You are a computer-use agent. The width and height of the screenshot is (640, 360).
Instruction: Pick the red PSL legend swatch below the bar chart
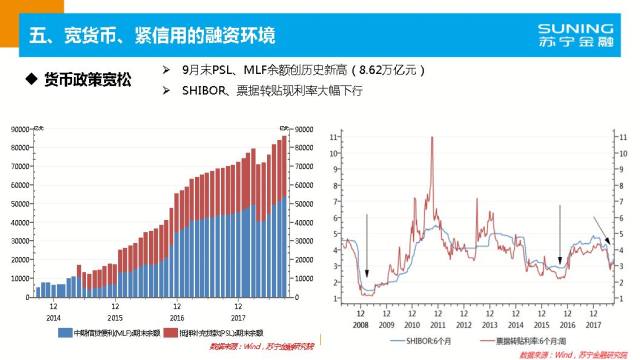[x=171, y=332]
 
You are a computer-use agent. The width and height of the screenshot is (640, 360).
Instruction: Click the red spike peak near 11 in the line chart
[x=430, y=138]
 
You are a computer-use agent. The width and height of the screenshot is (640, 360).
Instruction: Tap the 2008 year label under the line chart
[x=360, y=325]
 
